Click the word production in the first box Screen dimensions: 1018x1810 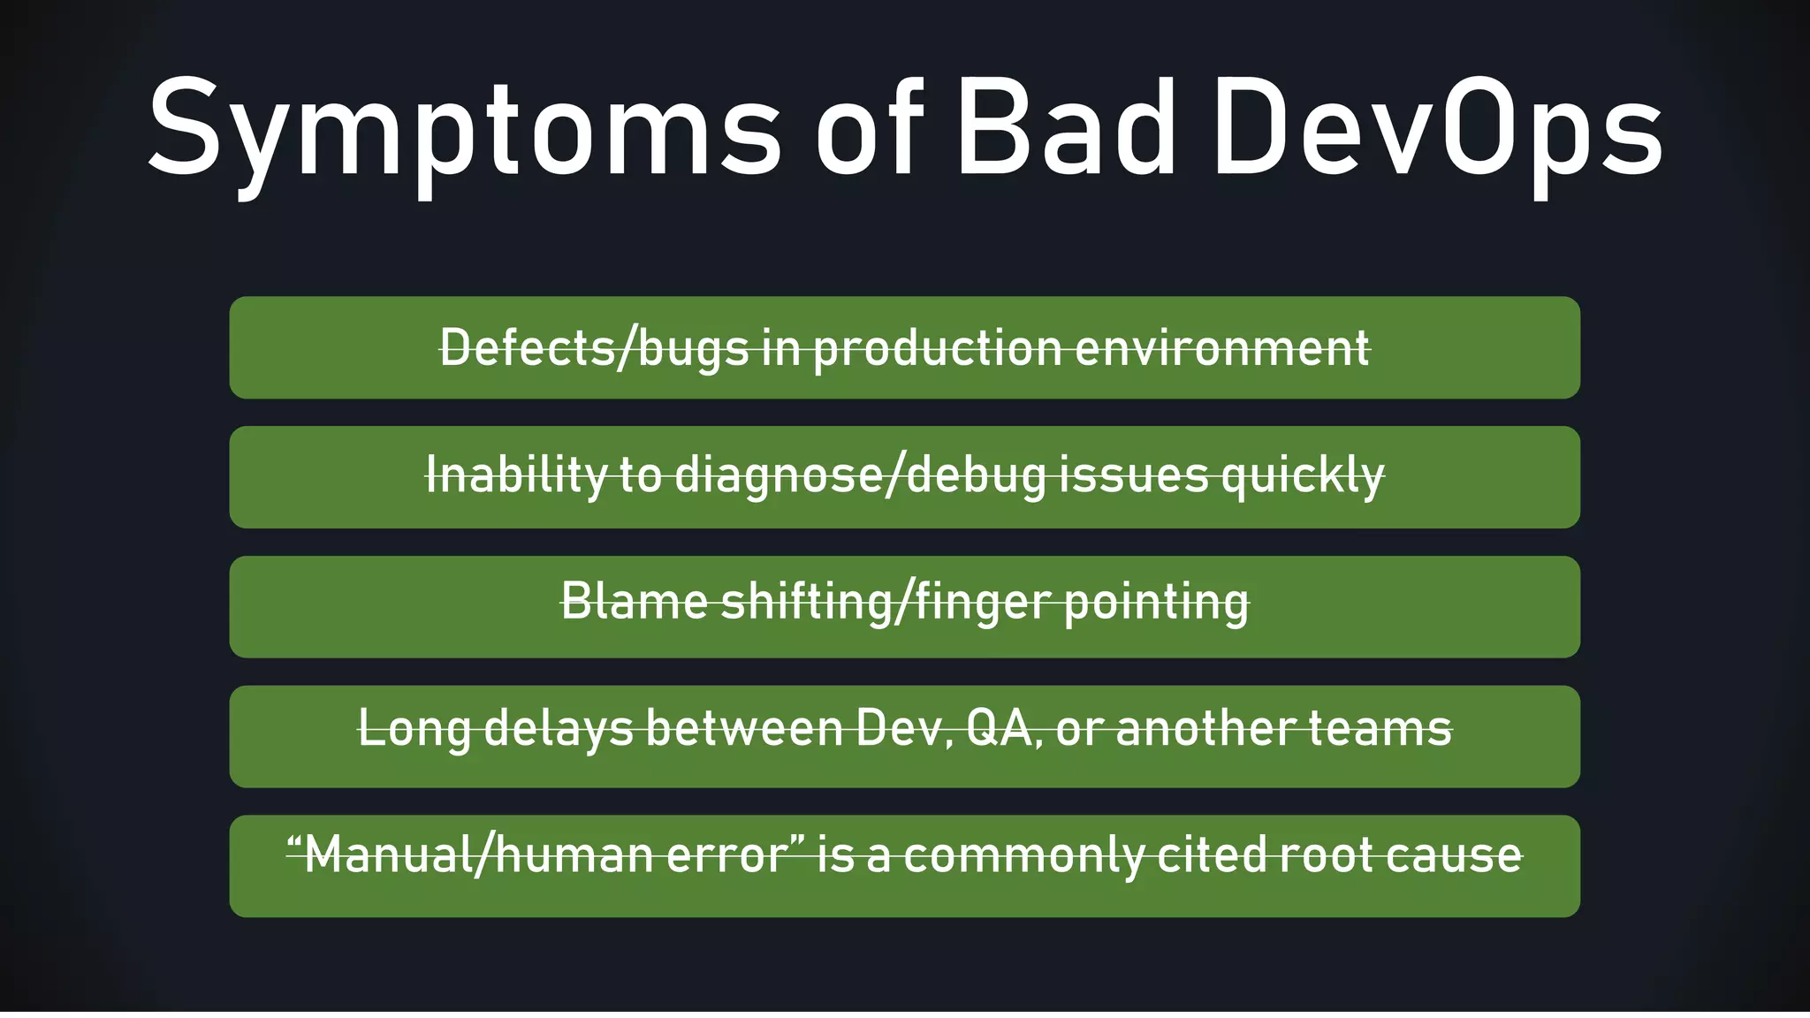pyautogui.click(x=938, y=348)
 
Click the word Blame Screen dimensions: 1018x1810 pyautogui.click(x=634, y=603)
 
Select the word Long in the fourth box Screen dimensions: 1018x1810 pyautogui.click(x=414, y=730)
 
